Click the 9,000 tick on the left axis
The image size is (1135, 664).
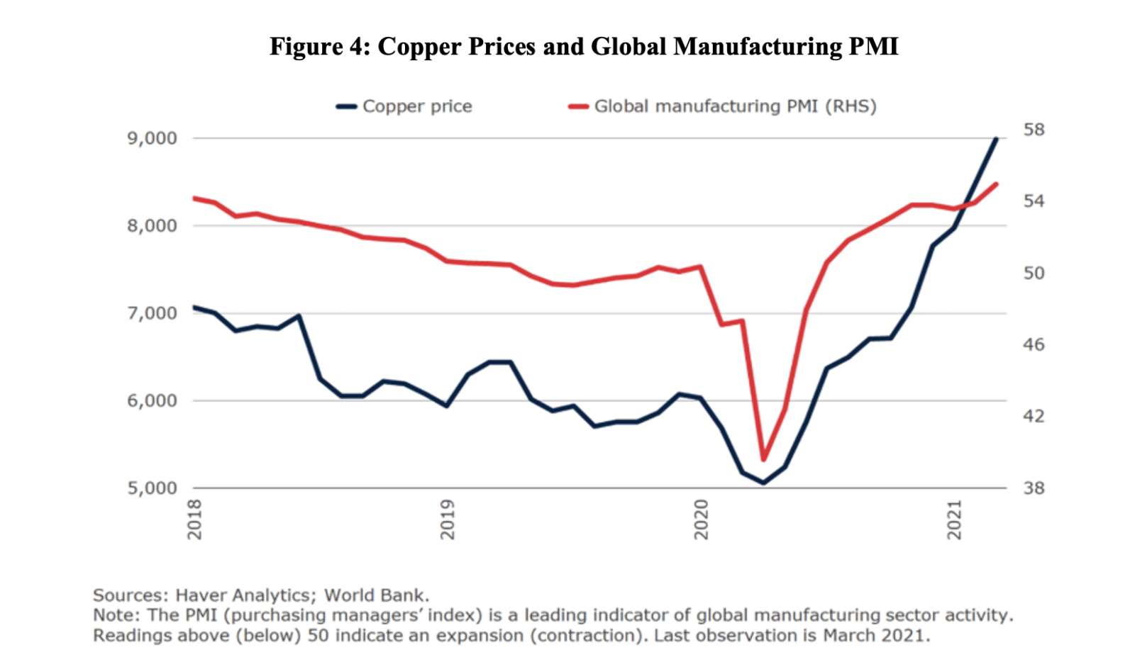point(152,138)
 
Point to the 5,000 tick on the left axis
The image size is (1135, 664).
point(152,488)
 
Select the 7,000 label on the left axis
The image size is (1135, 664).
point(152,313)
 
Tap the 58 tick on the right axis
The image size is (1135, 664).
point(1034,130)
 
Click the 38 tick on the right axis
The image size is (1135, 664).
point(1034,488)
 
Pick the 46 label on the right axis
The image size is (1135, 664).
point(1034,344)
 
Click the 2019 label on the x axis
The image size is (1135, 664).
point(448,519)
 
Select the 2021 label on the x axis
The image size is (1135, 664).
point(955,519)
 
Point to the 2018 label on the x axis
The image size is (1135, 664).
point(194,519)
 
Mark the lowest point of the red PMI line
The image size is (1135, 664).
point(763,459)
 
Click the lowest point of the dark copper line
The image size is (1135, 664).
point(763,483)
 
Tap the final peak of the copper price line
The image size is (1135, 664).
point(997,139)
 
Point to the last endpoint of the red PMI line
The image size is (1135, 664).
point(997,184)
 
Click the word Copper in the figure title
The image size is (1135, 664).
point(418,47)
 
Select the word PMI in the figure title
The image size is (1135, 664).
point(873,47)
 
